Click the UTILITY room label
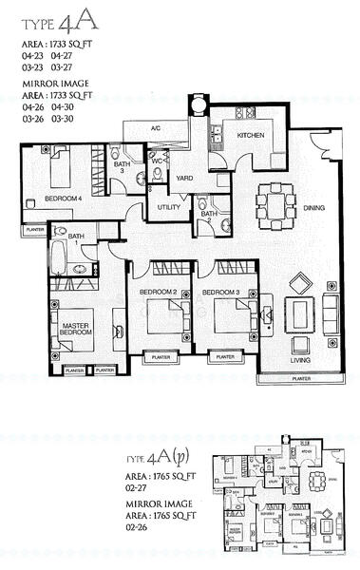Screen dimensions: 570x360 pos(169,206)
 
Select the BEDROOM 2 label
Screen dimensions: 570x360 pos(159,292)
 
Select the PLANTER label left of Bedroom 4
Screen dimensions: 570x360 pos(35,229)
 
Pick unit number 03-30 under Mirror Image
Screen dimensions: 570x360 pos(66,121)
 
